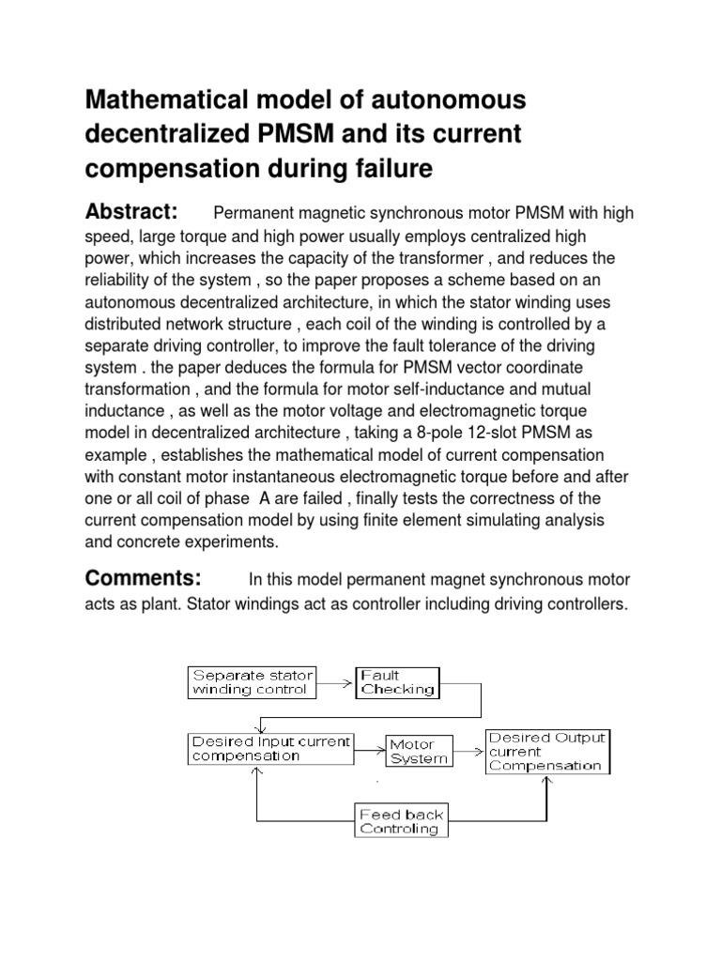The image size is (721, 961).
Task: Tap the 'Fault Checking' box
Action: (x=397, y=682)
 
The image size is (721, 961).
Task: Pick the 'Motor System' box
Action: (x=418, y=752)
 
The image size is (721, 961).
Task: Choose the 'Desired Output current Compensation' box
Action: (x=546, y=752)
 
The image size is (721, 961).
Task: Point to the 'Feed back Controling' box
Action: (x=401, y=821)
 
